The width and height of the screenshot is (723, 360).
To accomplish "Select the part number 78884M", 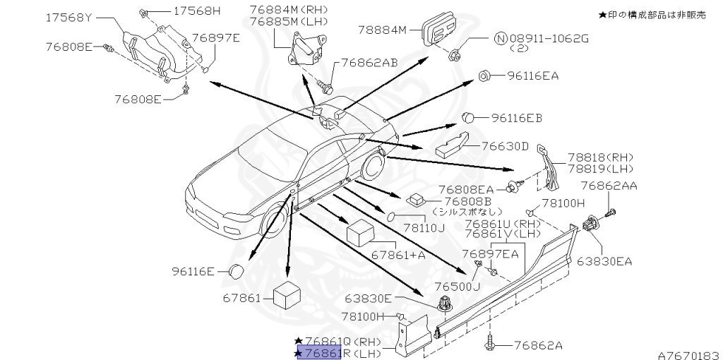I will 383,30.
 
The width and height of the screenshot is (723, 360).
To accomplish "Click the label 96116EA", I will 533,76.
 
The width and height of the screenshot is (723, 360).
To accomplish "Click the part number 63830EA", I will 604,261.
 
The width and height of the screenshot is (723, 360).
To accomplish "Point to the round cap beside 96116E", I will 237,271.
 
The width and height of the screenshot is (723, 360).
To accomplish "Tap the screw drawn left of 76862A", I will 491,344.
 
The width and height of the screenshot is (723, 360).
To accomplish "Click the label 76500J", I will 457,287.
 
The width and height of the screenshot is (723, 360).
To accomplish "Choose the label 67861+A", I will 398,255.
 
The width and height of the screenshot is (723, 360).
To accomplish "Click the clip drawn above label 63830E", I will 444,304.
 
